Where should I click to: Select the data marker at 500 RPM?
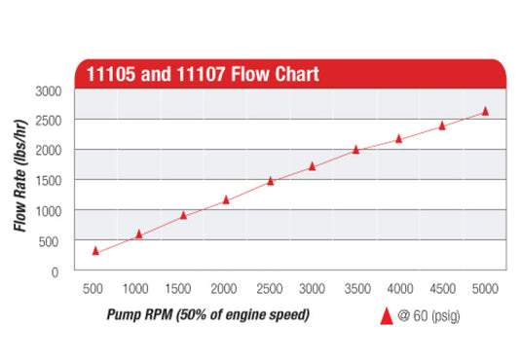[95, 250]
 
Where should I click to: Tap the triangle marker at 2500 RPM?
[270, 180]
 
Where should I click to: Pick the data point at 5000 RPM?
[485, 111]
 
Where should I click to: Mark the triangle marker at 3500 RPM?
[355, 149]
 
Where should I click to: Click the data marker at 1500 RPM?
[183, 214]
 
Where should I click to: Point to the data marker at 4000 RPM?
[398, 138]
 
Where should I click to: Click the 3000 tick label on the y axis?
[49, 90]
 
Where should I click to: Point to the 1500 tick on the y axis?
[49, 181]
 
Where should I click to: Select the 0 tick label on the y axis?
[56, 271]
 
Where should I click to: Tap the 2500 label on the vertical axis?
[49, 121]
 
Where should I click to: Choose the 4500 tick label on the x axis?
[442, 289]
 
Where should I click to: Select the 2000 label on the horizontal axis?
[225, 289]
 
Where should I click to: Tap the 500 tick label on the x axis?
[94, 289]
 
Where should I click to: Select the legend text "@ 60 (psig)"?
[426, 316]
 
